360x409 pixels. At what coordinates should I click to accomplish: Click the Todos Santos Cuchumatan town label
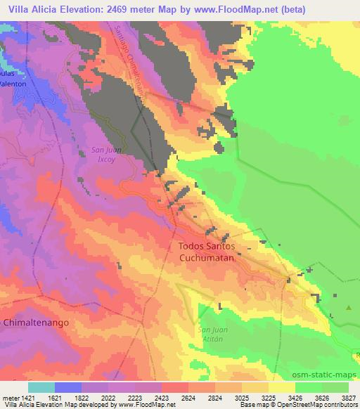coord(211,252)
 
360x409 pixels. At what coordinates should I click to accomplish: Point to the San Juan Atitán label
coord(212,334)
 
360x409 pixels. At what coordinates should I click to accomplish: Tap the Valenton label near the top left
coord(13,83)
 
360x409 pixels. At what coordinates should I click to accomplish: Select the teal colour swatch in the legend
coord(41,387)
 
